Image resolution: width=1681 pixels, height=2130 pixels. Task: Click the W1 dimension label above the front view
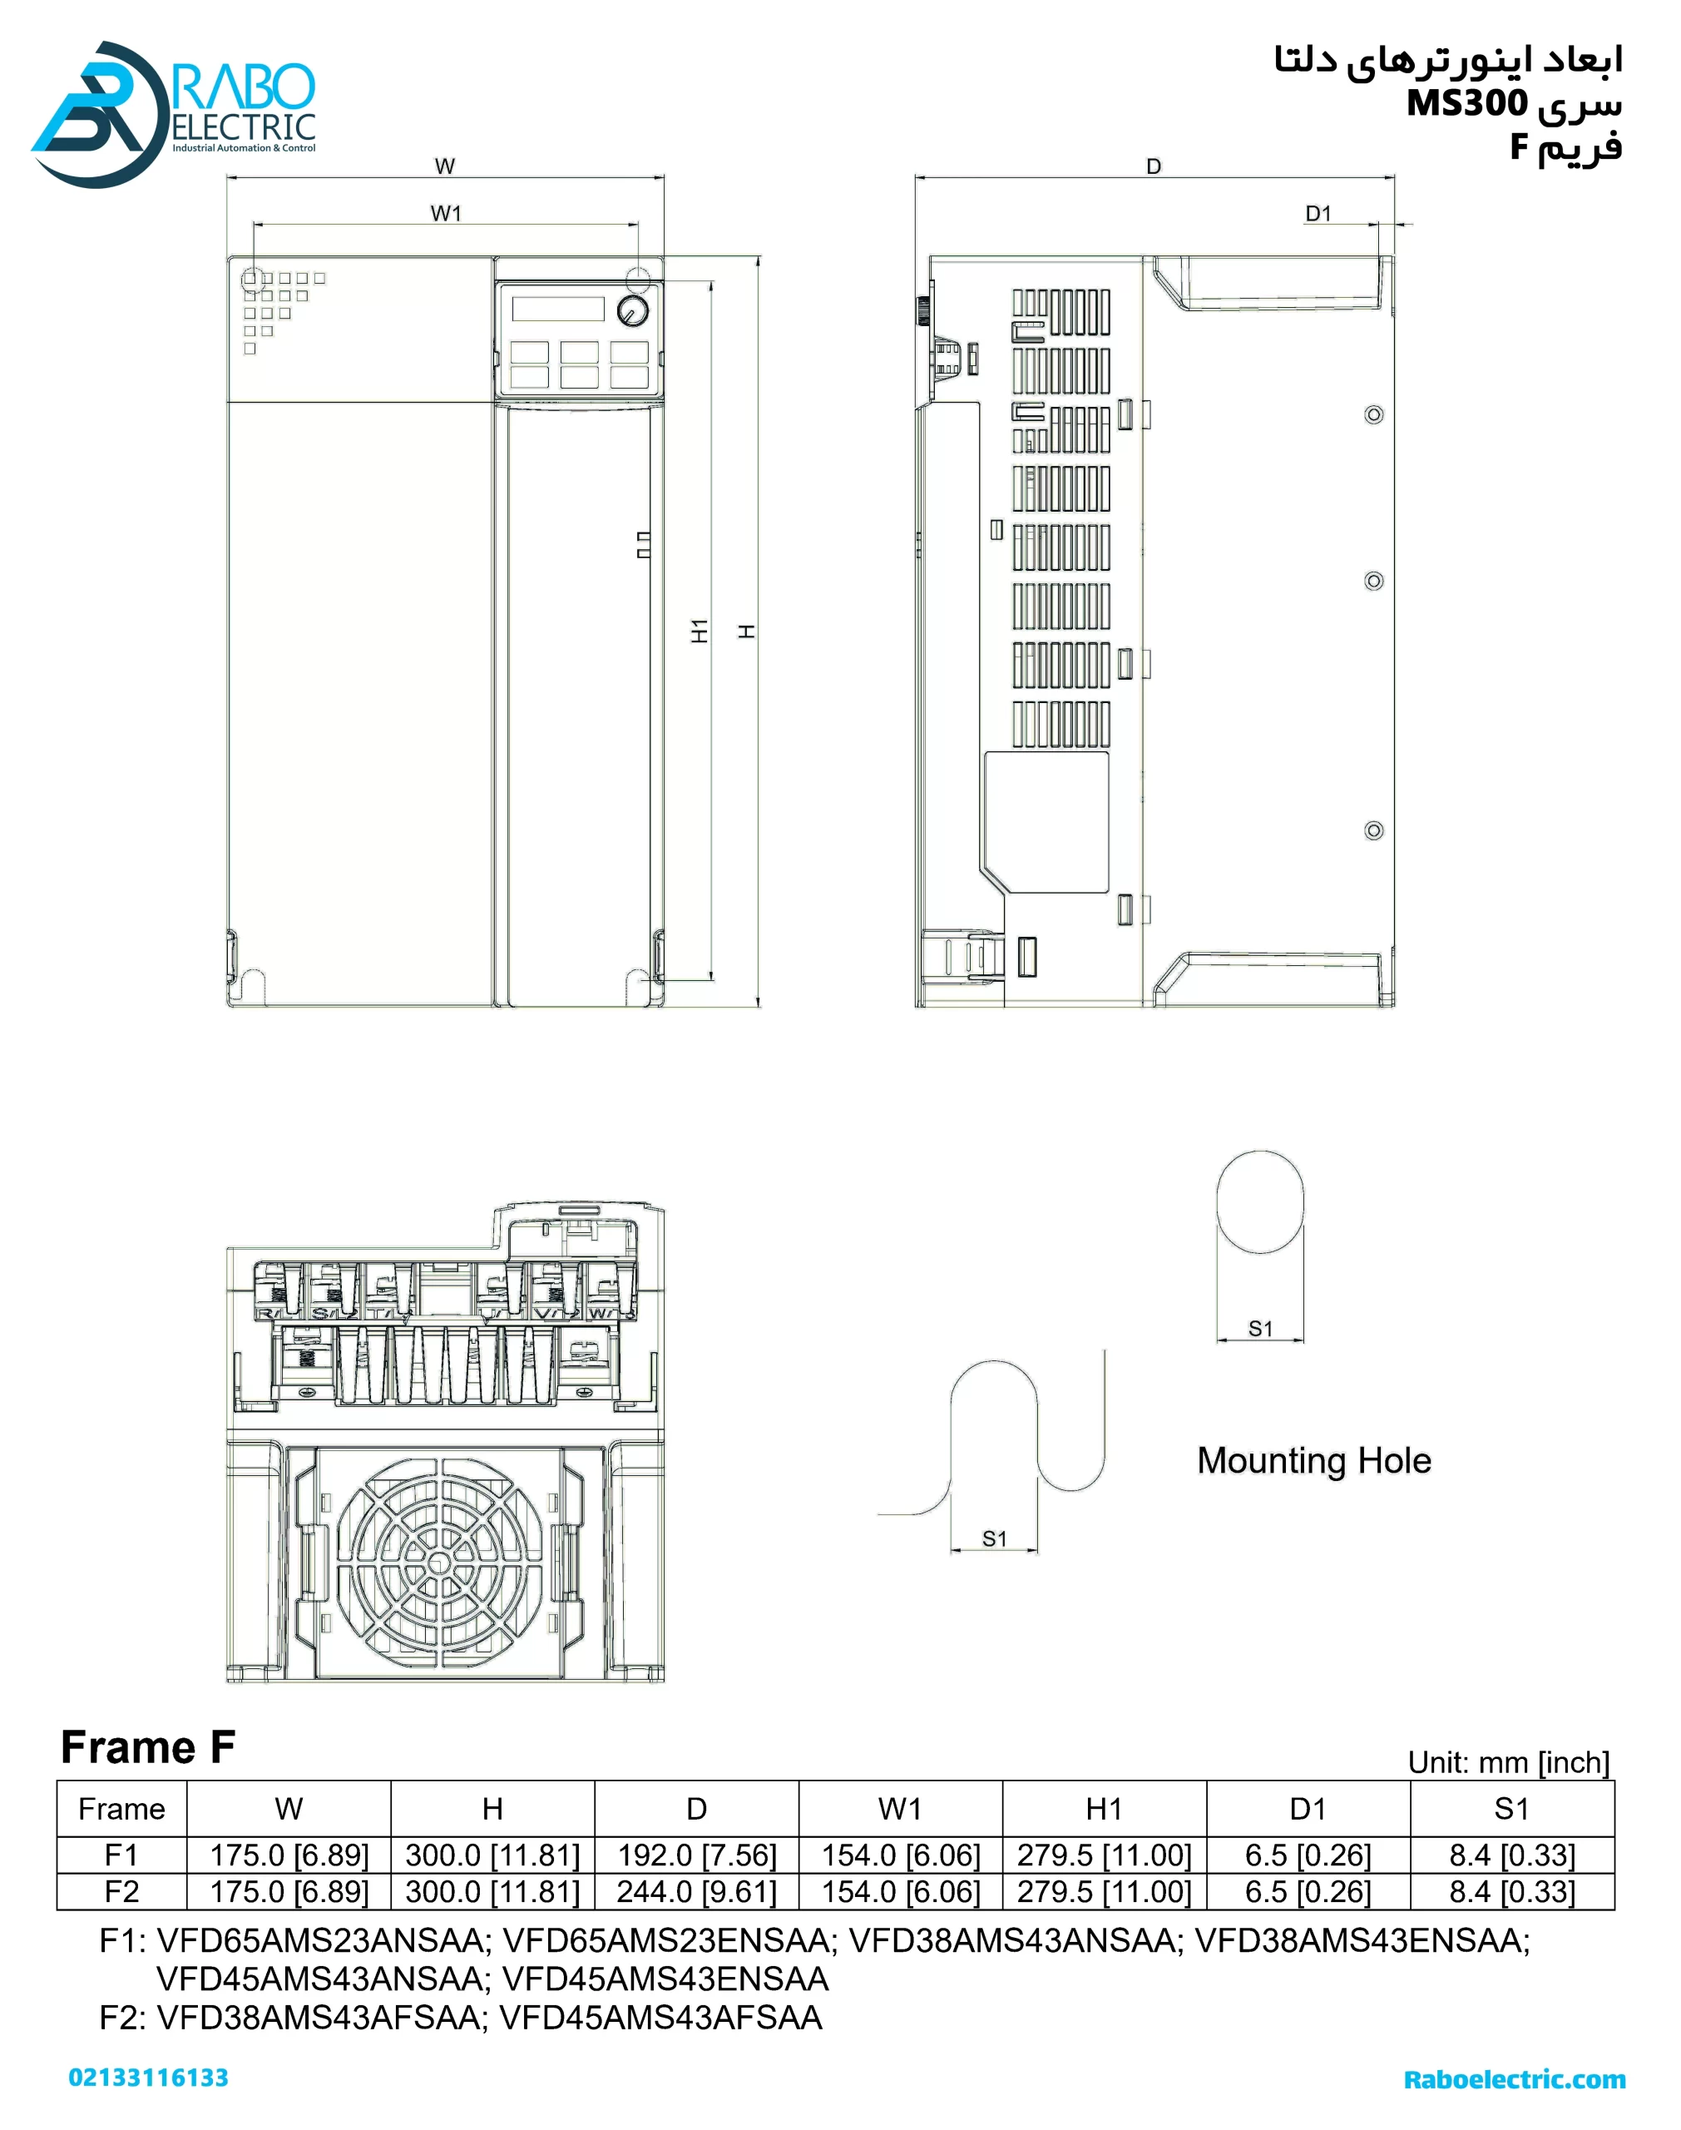click(446, 213)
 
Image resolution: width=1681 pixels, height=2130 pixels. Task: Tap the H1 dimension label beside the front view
click(699, 631)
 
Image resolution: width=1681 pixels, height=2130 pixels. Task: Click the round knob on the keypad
click(632, 311)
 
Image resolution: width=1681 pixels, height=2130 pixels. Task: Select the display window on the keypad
click(557, 308)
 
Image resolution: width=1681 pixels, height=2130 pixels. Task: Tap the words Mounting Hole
click(1314, 1461)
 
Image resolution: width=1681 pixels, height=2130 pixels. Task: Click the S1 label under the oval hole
click(1261, 1329)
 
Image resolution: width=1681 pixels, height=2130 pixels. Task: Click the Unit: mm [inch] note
click(1509, 1763)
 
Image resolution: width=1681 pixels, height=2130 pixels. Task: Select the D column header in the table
click(697, 1809)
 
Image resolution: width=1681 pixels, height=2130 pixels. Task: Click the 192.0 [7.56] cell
click(697, 1855)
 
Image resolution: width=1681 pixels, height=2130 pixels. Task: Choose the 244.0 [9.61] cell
click(697, 1892)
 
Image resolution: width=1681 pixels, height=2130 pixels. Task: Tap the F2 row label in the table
click(122, 1892)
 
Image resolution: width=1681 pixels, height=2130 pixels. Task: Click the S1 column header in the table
click(1511, 1809)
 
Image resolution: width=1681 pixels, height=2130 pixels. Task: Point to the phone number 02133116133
click(149, 2078)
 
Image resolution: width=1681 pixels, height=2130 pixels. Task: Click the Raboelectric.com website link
click(1515, 2080)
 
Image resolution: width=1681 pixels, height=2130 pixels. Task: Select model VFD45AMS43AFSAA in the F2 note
click(661, 2018)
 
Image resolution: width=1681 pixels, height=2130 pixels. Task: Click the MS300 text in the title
click(1467, 102)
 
